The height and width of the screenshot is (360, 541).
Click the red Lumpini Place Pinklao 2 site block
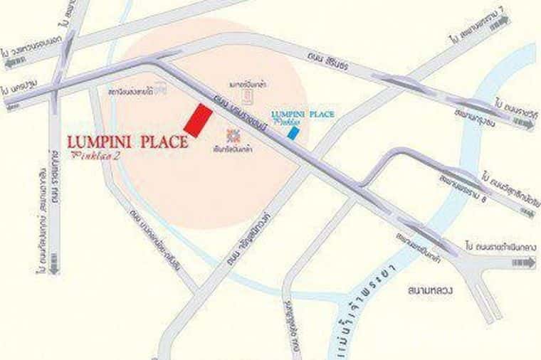[198, 120]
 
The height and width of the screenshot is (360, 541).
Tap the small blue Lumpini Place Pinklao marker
[293, 133]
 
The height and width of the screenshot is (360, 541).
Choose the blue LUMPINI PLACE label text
[303, 114]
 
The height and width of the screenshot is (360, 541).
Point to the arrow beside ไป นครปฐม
[13, 105]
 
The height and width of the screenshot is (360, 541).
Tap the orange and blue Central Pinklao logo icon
[232, 135]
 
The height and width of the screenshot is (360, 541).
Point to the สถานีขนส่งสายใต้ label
[133, 91]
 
